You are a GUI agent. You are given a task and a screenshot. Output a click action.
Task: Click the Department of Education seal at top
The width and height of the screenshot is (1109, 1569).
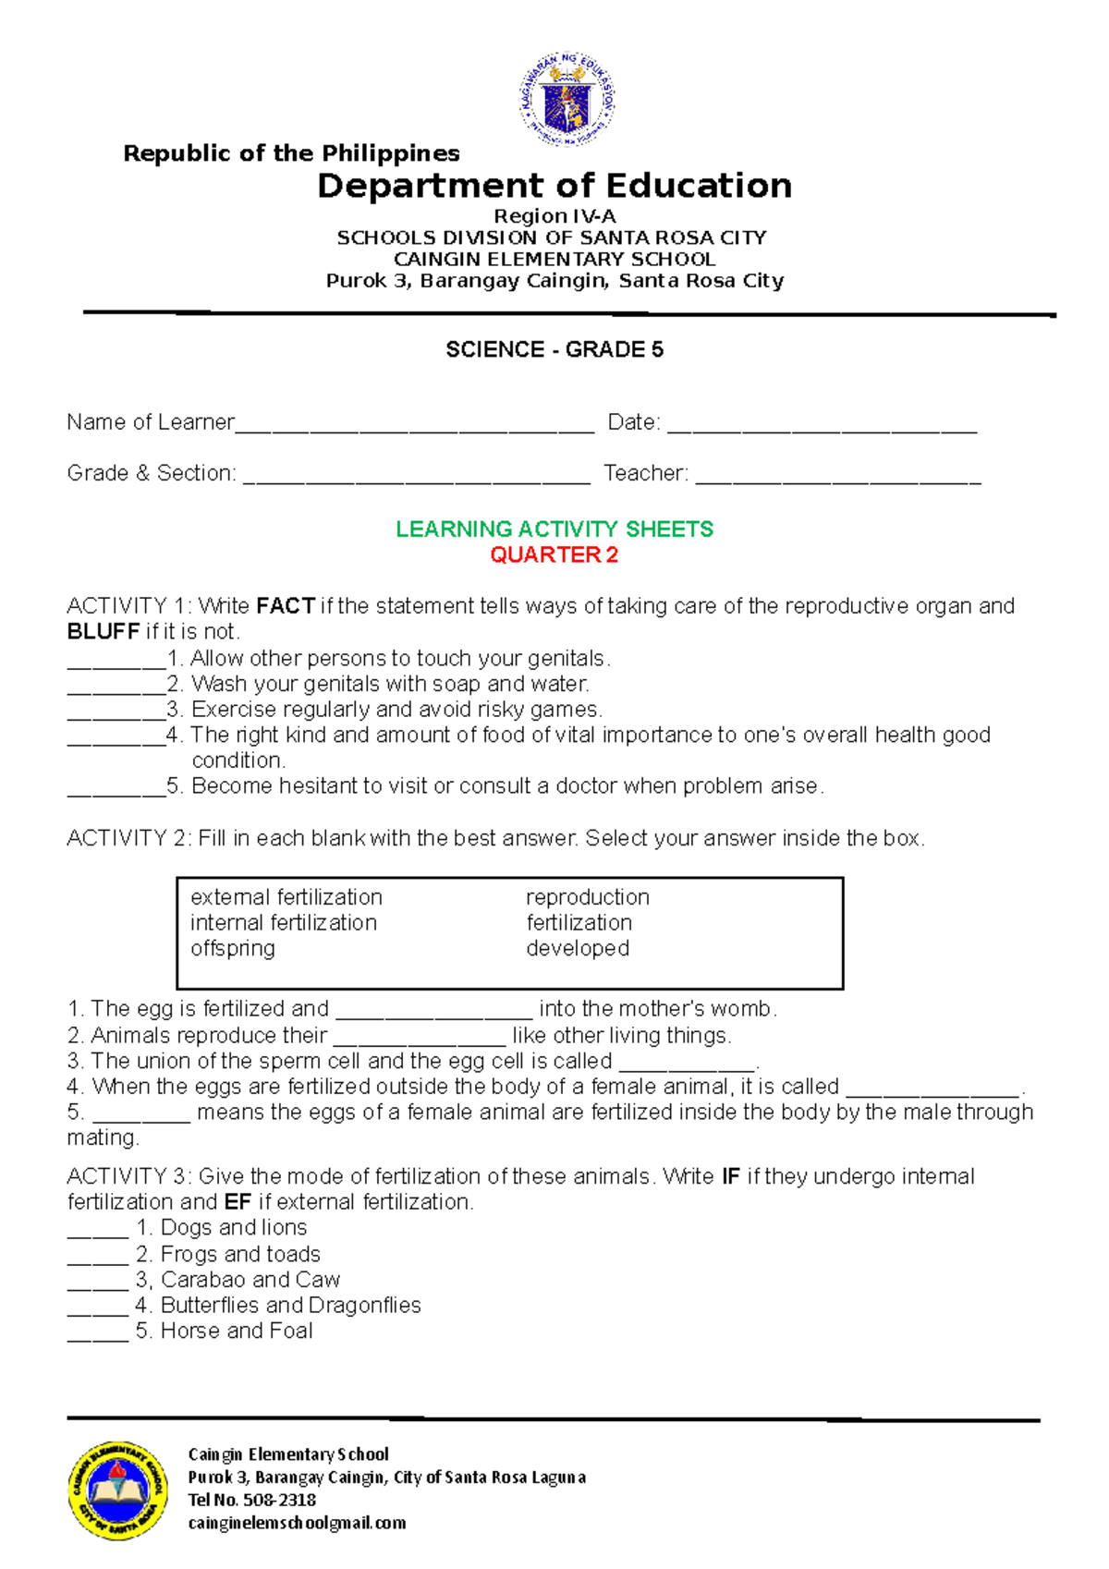pyautogui.click(x=566, y=100)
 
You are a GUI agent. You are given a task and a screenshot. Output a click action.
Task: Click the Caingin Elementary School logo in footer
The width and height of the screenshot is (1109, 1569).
pyautogui.click(x=117, y=1490)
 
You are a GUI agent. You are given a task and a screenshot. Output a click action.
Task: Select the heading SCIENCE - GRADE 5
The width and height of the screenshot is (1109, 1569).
pyautogui.click(x=554, y=349)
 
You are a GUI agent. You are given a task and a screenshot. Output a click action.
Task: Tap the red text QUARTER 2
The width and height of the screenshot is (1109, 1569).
pyautogui.click(x=554, y=554)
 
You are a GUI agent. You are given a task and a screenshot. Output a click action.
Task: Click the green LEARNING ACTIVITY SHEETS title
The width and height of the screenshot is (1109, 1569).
pyautogui.click(x=554, y=529)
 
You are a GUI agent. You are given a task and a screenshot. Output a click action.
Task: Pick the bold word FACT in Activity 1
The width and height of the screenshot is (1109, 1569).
pyautogui.click(x=286, y=606)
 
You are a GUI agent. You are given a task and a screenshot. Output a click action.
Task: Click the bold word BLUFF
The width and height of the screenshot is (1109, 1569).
pyautogui.click(x=104, y=632)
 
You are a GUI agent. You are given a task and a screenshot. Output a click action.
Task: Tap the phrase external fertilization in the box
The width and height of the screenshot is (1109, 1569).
pyautogui.click(x=286, y=897)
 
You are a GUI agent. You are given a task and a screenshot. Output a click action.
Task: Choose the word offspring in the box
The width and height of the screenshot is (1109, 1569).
pyautogui.click(x=233, y=949)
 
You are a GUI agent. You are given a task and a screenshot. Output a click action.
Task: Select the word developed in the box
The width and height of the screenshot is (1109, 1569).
pyautogui.click(x=578, y=949)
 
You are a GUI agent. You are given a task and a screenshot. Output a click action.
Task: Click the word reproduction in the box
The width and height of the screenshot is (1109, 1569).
pyautogui.click(x=588, y=897)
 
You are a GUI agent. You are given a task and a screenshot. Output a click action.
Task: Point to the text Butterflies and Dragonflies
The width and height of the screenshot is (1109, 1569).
pyautogui.click(x=290, y=1306)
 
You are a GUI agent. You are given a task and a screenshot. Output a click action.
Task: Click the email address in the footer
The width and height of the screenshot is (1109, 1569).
pyautogui.click(x=297, y=1523)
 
